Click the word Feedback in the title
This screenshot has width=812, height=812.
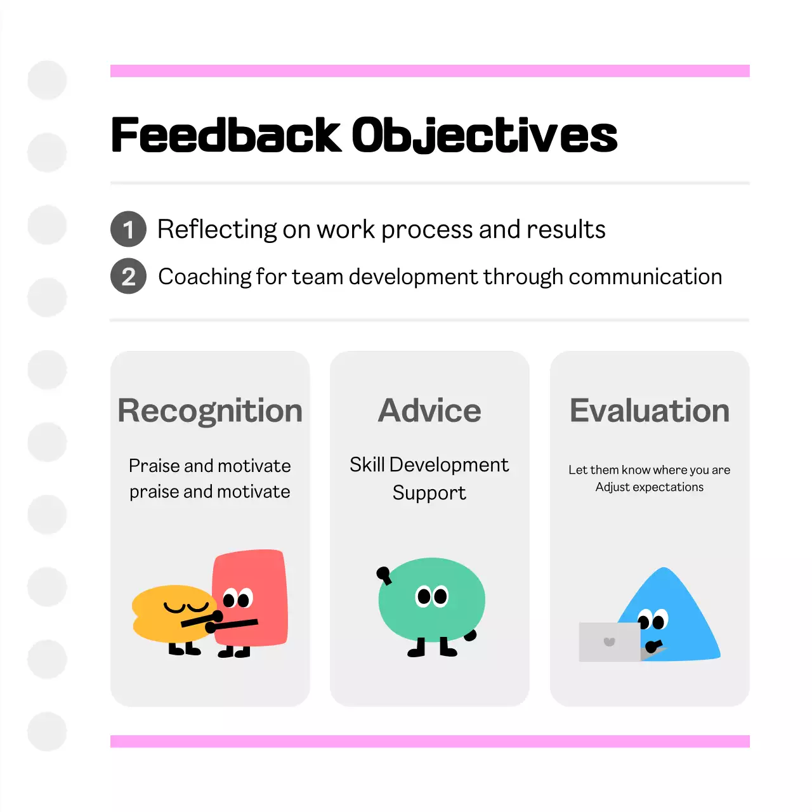coord(226,135)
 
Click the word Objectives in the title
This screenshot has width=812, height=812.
coord(485,135)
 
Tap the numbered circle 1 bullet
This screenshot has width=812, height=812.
coord(129,229)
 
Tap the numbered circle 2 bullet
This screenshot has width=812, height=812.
coord(129,277)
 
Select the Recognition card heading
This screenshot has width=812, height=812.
coord(210,411)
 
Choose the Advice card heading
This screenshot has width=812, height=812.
coord(429,411)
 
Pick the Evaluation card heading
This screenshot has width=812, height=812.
coord(650,411)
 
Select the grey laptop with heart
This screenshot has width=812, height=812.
coord(610,642)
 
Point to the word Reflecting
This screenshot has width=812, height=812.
coord(217,230)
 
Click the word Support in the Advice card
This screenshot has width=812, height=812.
coord(429,493)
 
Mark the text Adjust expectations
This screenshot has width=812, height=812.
coord(650,487)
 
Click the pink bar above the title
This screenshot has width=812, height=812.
coord(429,70)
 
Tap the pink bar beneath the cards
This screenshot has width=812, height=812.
coord(429,741)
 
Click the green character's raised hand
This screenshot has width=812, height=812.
coord(383,574)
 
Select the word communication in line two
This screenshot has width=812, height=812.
coord(645,277)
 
